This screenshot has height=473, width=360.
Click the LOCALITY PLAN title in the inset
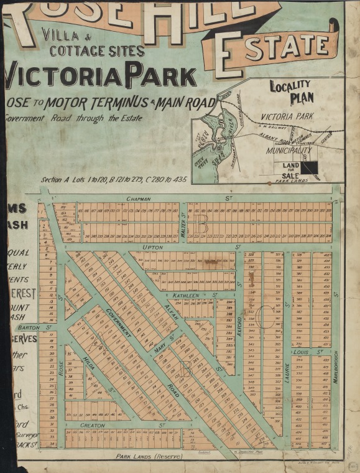click(x=291, y=92)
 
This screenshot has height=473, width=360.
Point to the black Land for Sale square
click(x=309, y=168)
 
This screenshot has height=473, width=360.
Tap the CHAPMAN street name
click(x=139, y=199)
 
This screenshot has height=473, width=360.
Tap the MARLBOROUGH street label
click(x=335, y=369)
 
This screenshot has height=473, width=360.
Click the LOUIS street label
click(x=301, y=352)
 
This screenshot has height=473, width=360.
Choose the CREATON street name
click(x=93, y=425)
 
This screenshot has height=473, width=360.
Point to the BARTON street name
click(x=29, y=327)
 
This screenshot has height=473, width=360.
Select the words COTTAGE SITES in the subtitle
click(x=97, y=51)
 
